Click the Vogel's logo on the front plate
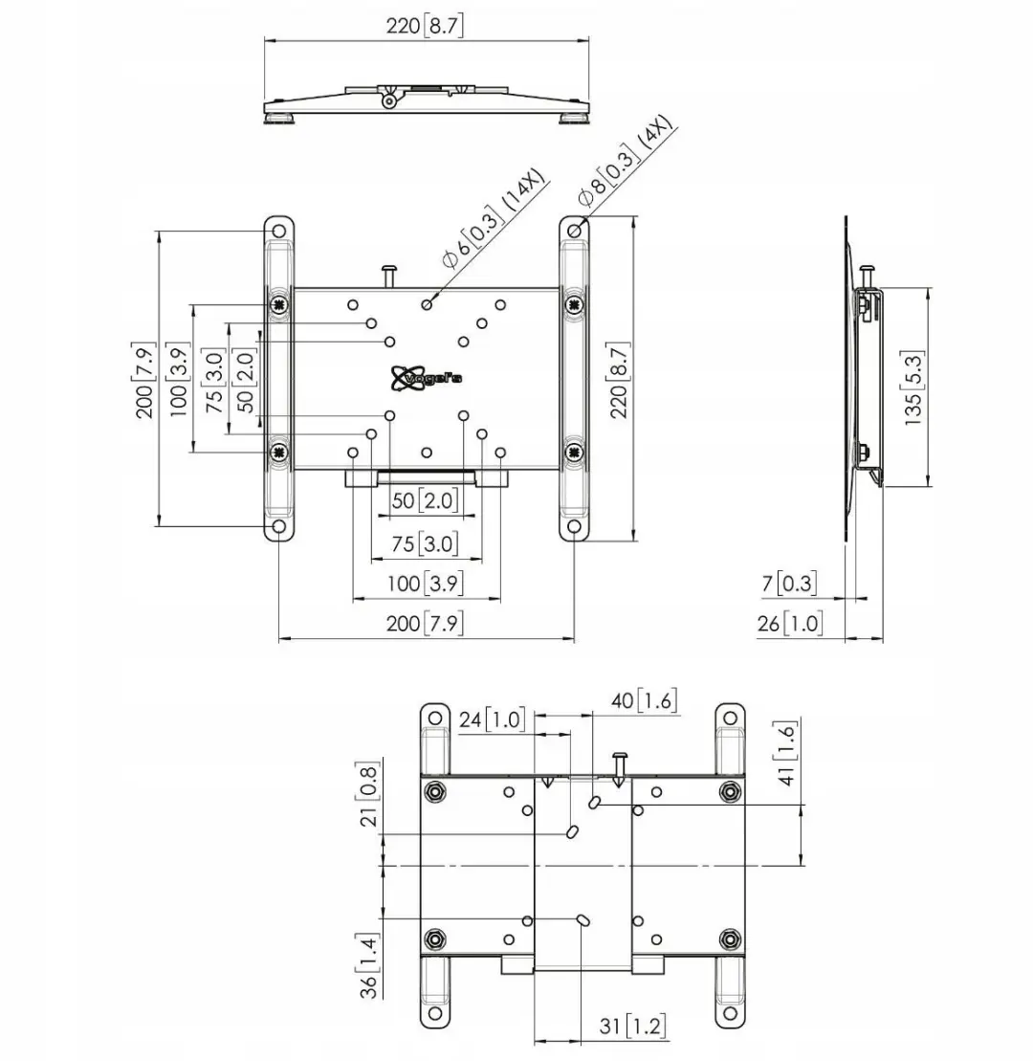427,378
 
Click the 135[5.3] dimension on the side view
913,387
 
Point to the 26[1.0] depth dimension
789,623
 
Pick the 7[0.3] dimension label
789,583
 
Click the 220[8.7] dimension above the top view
425,26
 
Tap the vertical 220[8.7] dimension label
619,380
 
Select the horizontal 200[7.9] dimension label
425,623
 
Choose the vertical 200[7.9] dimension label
145,380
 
